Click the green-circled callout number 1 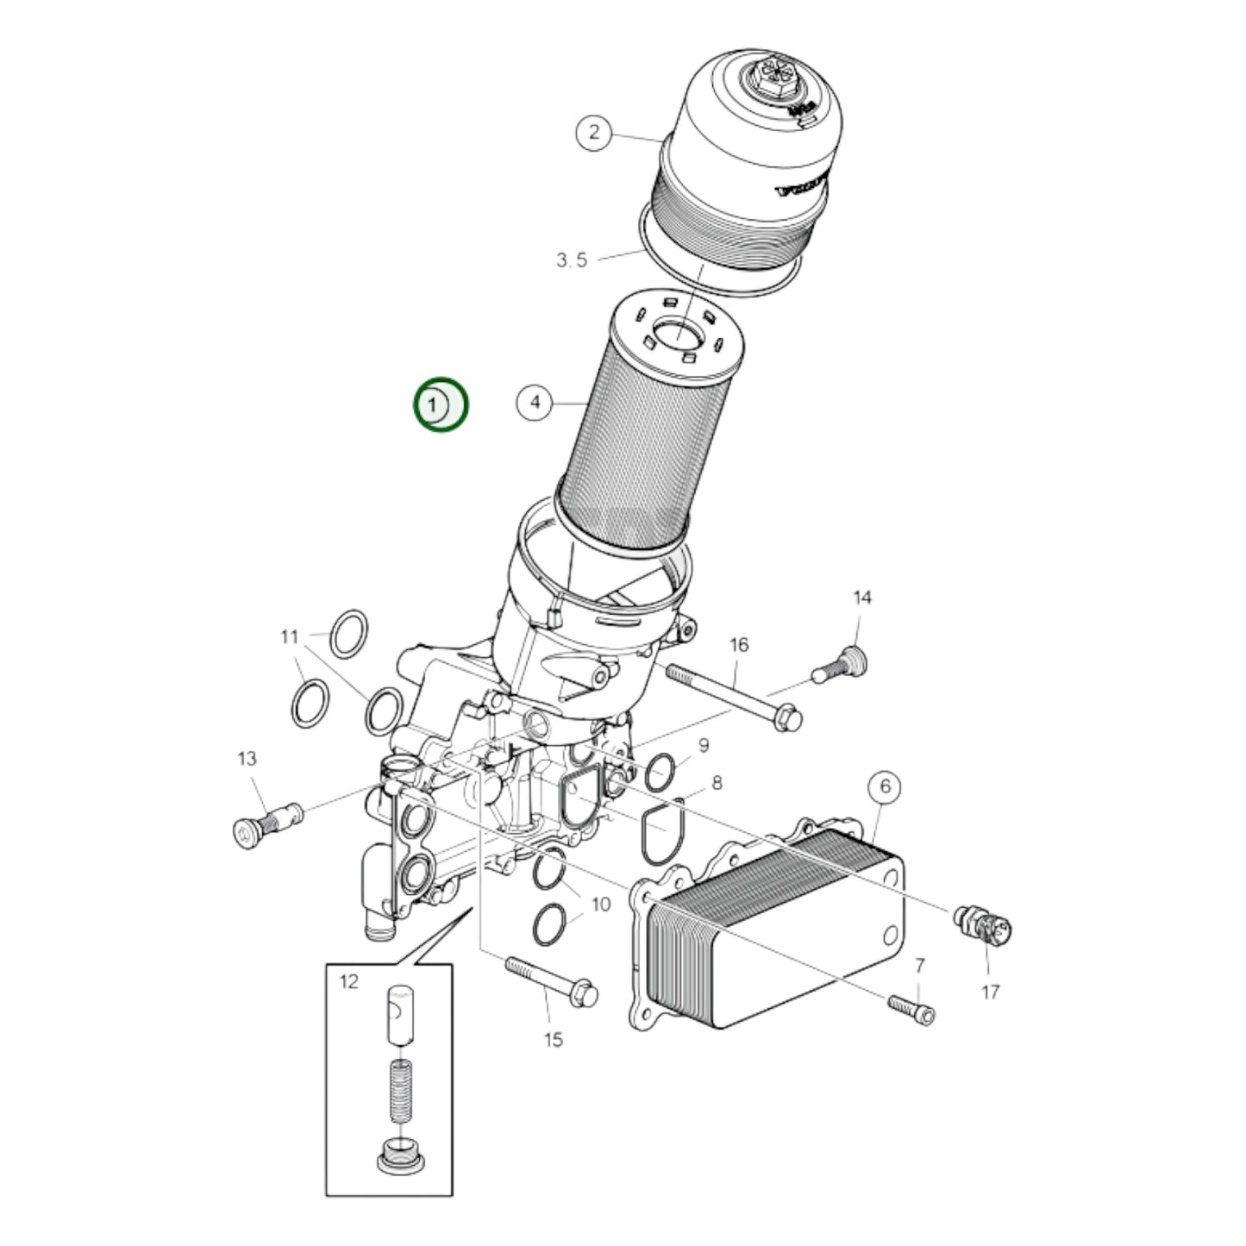point(441,404)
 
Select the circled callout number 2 point(593,133)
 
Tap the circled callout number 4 point(535,403)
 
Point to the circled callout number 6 point(885,786)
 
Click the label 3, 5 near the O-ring point(571,260)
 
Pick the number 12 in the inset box point(348,981)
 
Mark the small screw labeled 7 point(911,1009)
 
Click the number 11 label point(289,637)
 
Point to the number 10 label point(600,905)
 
